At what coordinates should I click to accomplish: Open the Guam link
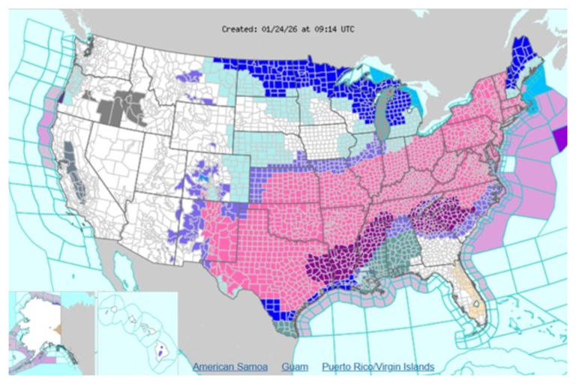294,367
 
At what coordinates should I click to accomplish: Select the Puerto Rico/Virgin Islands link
378,367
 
